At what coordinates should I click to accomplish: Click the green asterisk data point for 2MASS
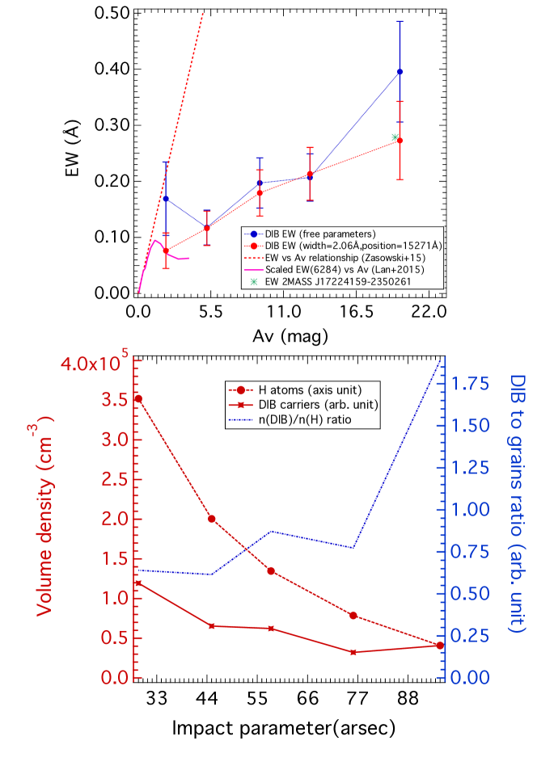coord(395,137)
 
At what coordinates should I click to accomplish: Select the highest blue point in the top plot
coord(400,72)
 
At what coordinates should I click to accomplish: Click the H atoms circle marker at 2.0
coord(212,519)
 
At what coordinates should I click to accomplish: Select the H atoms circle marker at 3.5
coord(138,399)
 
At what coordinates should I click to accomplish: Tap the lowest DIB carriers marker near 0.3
coord(353,651)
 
